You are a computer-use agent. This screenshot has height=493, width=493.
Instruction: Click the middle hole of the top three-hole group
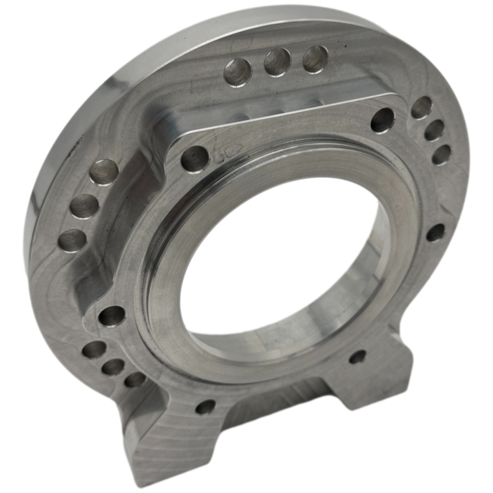(x=277, y=63)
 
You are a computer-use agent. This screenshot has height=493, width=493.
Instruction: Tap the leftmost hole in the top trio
(x=236, y=71)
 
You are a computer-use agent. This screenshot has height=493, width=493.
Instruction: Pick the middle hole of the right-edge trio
(x=433, y=130)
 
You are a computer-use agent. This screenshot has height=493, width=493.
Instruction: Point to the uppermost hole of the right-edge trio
(x=422, y=107)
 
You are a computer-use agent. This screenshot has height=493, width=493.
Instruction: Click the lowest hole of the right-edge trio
(x=441, y=154)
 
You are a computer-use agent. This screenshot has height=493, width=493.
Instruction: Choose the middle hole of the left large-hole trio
(x=86, y=207)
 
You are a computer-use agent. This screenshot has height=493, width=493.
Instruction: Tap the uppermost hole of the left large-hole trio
(x=104, y=174)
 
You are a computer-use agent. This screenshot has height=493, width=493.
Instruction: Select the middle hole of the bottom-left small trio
(x=113, y=367)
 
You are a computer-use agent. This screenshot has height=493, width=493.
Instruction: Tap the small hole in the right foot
(x=357, y=356)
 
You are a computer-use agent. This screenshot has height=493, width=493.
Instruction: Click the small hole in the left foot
(x=205, y=407)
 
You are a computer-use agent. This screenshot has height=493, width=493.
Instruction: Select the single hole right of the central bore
(x=435, y=233)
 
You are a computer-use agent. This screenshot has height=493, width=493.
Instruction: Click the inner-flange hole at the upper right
(x=382, y=119)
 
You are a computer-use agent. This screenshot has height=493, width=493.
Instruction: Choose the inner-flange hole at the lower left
(x=112, y=316)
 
